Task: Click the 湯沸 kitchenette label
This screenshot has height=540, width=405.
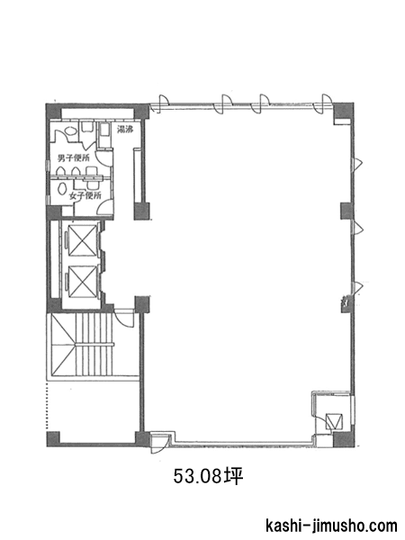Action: point(125,130)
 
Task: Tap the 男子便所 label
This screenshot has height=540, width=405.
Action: point(74,158)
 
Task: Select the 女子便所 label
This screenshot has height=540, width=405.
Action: point(85,195)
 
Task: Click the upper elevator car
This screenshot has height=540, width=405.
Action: point(82,240)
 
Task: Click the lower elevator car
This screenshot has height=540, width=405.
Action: point(82,281)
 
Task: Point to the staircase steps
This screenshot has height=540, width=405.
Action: point(94,344)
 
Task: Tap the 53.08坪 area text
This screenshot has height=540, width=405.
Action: point(208,476)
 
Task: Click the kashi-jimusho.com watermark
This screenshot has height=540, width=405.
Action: point(331,526)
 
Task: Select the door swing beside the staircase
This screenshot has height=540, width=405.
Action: point(123,318)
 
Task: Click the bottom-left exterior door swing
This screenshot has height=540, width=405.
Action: point(160,444)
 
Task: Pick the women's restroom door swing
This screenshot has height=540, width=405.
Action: point(105,208)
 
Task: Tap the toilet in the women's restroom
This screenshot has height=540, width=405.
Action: point(62,189)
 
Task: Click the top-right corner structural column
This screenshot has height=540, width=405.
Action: point(343,111)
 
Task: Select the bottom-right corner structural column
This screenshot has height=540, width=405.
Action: point(344,439)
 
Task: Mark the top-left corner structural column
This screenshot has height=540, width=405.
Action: point(53,112)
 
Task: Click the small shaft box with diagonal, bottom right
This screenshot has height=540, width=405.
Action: point(334,420)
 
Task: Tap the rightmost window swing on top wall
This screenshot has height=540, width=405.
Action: point(326,103)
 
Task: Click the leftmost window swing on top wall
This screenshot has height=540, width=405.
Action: point(164,103)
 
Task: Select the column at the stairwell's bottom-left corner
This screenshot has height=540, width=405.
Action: point(53,439)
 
